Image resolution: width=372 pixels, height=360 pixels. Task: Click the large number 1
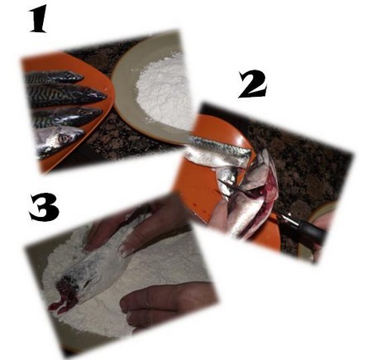coord(39,20)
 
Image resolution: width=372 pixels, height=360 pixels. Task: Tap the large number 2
coord(252,84)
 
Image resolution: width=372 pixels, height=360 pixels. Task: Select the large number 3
coord(44,207)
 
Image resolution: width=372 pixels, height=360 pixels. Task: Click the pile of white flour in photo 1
coord(165,94)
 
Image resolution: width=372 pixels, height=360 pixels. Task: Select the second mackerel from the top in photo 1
coord(66,95)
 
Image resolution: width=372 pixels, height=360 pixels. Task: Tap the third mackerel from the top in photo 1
coord(66,116)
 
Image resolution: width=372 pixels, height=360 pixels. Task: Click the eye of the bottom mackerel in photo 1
coord(64,138)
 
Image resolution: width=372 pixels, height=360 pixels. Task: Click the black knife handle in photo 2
coord(308,229)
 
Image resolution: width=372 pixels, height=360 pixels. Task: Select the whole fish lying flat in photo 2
coord(221,151)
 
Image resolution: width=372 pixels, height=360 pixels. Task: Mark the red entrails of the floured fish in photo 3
coord(63,295)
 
